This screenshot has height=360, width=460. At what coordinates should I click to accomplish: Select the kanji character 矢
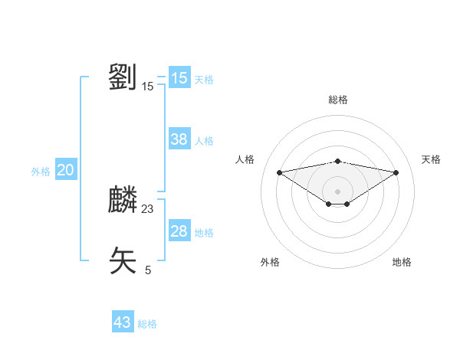coord(123,260)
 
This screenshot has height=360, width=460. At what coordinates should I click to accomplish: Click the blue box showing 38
coord(179,139)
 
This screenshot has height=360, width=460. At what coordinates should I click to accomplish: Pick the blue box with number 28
coord(179,231)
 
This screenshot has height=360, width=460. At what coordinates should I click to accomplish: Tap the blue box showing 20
coord(65,170)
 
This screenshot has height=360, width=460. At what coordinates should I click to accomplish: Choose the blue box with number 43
coord(123,322)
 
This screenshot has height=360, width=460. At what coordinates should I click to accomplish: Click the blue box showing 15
coord(179,78)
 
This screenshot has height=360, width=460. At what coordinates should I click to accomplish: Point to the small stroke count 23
coord(148,208)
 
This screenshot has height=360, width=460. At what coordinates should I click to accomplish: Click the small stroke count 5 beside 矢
coord(148,270)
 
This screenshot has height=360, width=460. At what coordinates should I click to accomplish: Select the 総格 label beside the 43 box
coord(147,324)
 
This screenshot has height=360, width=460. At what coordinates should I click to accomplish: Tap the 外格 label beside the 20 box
coord(41,172)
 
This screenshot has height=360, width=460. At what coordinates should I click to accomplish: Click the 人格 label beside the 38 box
coord(204,141)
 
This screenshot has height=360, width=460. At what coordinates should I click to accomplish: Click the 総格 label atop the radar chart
coord(337,100)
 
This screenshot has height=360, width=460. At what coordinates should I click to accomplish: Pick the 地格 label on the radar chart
coord(402,262)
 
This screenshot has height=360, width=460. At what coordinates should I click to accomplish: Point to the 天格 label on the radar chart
coord(431,159)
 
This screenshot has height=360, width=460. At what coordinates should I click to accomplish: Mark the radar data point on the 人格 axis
coord(279,172)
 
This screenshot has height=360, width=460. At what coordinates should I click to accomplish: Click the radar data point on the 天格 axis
coord(396,172)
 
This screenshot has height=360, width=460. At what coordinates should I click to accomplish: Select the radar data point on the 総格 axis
coord(337,161)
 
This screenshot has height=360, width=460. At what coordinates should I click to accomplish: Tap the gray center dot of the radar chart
coord(337,191)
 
